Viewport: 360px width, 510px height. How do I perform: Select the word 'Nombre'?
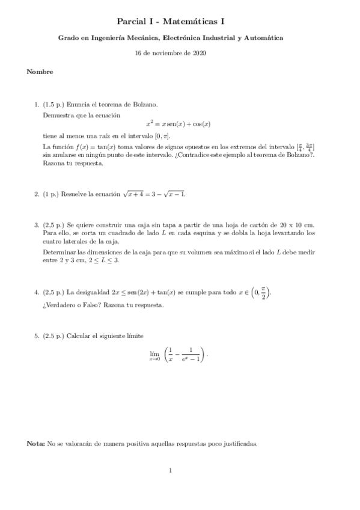click(40, 72)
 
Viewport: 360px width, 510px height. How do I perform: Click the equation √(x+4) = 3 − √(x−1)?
click(154, 194)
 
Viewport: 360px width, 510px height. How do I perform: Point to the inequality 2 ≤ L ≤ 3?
click(104, 260)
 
